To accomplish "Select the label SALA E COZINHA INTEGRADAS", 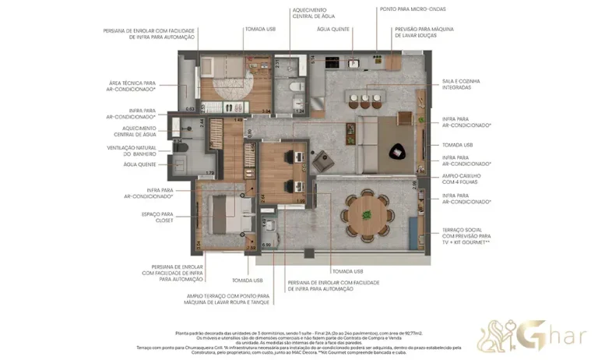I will coord(460,84).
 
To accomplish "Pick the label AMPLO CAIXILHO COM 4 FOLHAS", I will coord(461,179).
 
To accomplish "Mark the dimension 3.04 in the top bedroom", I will coord(266,111).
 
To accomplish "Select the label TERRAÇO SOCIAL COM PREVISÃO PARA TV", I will coord(465,237).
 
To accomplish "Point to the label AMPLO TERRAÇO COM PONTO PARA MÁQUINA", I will coord(228,299).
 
